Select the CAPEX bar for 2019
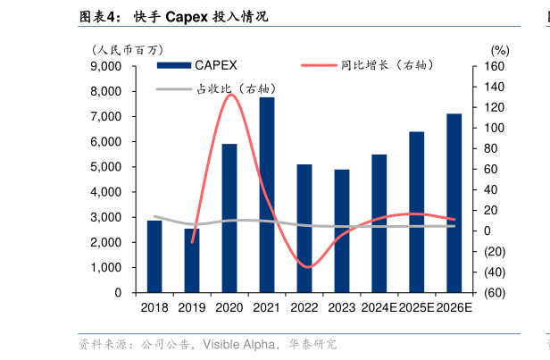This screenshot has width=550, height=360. click(x=192, y=260)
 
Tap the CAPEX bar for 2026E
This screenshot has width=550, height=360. click(x=454, y=203)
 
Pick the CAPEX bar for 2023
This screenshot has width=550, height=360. click(x=342, y=230)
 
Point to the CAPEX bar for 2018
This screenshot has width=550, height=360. click(x=154, y=256)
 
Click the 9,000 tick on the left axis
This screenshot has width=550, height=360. click(x=106, y=67)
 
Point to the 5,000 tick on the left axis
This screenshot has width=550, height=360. click(x=106, y=167)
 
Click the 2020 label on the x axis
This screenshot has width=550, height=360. click(x=229, y=307)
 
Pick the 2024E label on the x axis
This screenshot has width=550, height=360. click(x=379, y=307)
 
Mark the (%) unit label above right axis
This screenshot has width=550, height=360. click(x=499, y=50)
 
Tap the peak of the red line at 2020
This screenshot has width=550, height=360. click(x=229, y=94)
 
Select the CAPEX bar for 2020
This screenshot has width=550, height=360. click(x=229, y=218)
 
